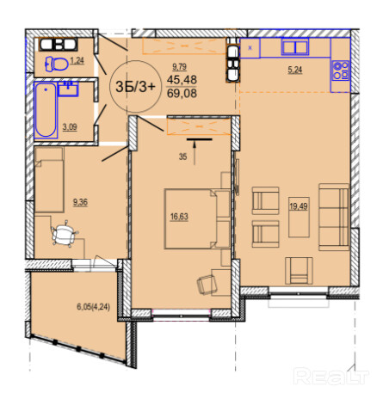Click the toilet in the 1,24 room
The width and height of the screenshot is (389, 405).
57,64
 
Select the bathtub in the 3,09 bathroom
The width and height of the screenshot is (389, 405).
46,110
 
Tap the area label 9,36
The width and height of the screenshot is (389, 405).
80,202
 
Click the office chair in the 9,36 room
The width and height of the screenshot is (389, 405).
65,232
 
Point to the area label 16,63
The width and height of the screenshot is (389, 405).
179,217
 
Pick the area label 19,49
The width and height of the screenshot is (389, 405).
299,206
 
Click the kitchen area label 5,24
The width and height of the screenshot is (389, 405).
295,70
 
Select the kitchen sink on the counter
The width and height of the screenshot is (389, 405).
295,46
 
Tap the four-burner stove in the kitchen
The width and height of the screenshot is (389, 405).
341,71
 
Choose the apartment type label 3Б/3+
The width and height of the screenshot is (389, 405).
135,87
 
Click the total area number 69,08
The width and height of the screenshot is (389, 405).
182,93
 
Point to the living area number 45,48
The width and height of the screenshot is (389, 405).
182,79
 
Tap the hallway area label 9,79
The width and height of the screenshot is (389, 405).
179,67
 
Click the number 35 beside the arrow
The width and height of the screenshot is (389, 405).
182,156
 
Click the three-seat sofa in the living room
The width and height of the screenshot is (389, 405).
334,218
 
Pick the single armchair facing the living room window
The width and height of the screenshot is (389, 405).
299,271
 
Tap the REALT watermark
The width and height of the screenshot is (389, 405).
331,377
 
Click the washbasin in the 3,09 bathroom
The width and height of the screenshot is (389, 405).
68,89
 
